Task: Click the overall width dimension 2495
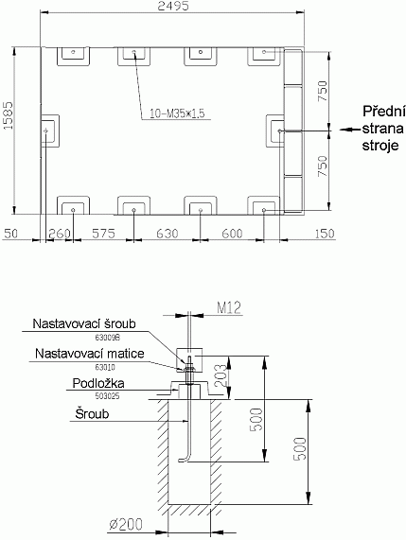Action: pyautogui.click(x=173, y=8)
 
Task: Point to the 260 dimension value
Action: pyautogui.click(x=60, y=233)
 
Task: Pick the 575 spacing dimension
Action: pyautogui.click(x=103, y=233)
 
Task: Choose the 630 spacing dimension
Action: pyautogui.click(x=166, y=233)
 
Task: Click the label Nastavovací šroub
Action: pyautogui.click(x=85, y=323)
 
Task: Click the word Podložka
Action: pyautogui.click(x=98, y=385)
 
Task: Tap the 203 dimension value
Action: pyautogui.click(x=219, y=376)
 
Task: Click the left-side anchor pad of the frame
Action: pyautogui.click(x=49, y=129)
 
